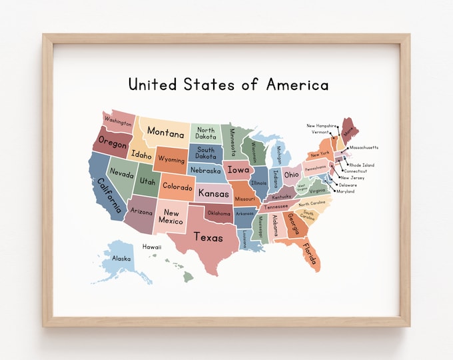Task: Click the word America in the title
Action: [298, 85]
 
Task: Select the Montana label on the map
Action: [166, 131]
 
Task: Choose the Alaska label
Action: [121, 259]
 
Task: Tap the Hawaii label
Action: [152, 247]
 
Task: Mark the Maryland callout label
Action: [346, 191]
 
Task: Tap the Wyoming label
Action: [172, 161]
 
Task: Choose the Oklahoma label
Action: [219, 214]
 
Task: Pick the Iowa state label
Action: [238, 169]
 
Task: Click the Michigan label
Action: [278, 155]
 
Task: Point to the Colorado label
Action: [178, 187]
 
